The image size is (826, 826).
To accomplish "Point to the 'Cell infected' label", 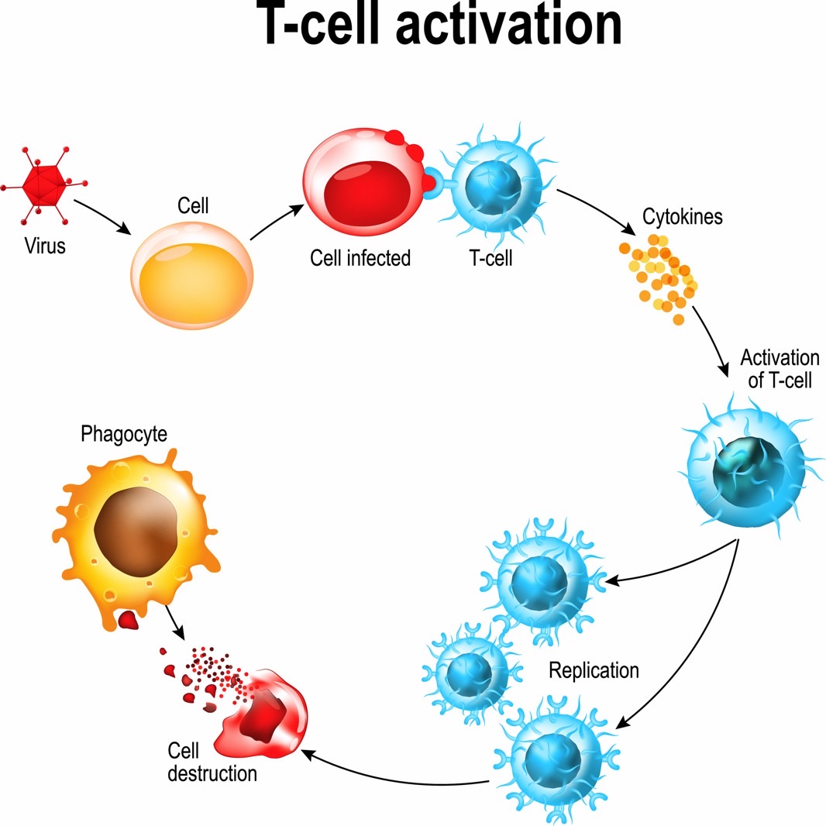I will [360, 258].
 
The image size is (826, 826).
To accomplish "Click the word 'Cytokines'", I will [682, 216].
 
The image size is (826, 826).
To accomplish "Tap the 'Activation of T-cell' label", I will [779, 369].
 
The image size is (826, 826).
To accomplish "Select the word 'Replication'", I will [594, 670].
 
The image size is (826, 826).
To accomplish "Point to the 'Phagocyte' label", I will [123, 434].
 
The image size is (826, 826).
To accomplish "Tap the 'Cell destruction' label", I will [212, 762].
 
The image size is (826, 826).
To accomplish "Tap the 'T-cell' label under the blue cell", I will [490, 258].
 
